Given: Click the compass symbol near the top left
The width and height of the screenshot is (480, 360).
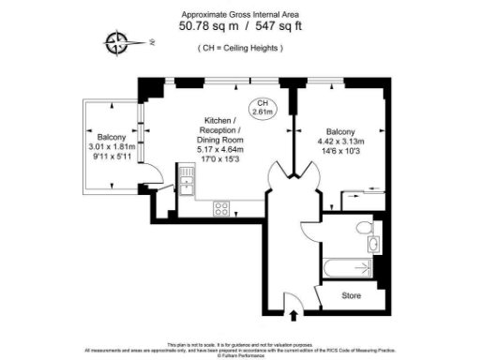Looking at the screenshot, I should click(x=117, y=41).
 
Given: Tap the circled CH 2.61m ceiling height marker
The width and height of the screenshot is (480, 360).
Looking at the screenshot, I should click(x=264, y=107).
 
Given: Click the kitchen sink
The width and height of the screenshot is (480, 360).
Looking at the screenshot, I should click(x=186, y=177).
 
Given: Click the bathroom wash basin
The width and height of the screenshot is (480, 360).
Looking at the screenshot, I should click(x=373, y=246).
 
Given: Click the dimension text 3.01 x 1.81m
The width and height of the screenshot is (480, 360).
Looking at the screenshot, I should click(x=112, y=147).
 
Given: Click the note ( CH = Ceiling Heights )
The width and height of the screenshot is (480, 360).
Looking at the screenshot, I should click(x=240, y=48).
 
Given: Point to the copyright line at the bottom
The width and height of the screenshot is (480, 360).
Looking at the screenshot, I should click(x=240, y=355).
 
